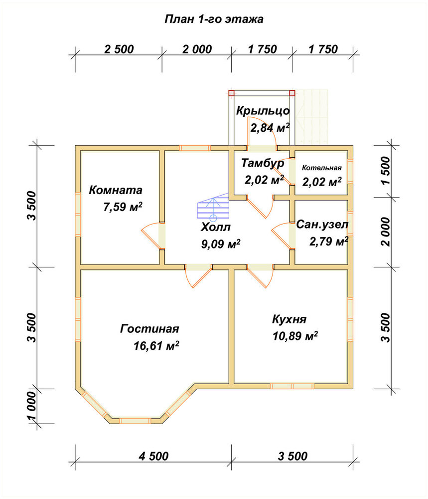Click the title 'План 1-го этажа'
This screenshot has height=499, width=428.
point(214,19)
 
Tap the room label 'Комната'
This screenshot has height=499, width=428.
point(115,190)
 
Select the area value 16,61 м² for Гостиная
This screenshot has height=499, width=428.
point(156,345)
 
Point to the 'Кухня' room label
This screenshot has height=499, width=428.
point(289,319)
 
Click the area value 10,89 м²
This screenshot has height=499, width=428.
point(295,336)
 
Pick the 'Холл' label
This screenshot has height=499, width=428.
point(216,227)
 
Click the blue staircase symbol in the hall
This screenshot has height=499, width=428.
point(213,207)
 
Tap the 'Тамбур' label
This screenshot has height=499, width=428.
point(263,163)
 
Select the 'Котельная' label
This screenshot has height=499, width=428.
point(321,168)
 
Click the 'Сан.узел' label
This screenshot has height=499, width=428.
point(322,225)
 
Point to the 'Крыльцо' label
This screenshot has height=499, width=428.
point(263,111)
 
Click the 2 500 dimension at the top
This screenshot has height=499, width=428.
point(119,49)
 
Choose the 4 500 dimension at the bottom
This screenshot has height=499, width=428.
point(153,456)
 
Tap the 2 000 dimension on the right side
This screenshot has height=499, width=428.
point(386,232)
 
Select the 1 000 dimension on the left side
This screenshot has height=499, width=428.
point(32,406)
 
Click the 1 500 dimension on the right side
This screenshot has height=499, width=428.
point(386,171)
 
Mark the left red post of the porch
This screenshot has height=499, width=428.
point(231,93)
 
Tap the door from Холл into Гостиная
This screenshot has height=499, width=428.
point(198,275)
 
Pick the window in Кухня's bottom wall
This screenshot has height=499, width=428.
point(292,386)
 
